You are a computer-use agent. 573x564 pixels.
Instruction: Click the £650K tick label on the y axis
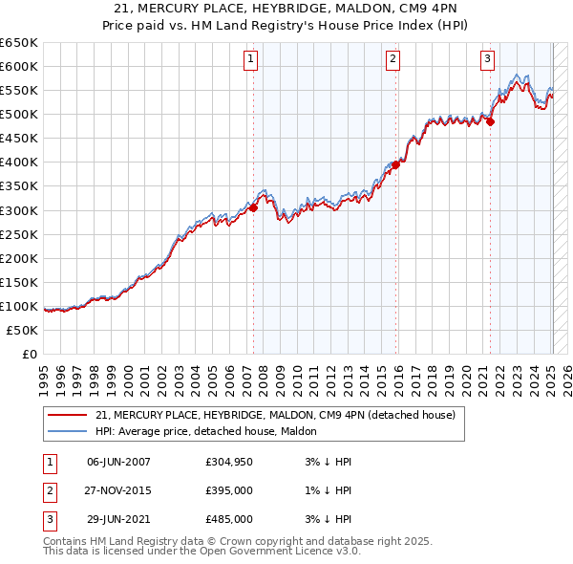19,43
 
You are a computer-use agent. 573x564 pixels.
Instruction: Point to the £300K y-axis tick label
19,210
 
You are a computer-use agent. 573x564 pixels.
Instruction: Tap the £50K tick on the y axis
22,330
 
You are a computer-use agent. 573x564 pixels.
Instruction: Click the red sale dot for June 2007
254,207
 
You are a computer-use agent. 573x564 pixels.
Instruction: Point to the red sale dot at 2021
490,121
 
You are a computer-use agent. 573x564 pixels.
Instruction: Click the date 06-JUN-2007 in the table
118,462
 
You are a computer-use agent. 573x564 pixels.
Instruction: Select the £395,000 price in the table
229,490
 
